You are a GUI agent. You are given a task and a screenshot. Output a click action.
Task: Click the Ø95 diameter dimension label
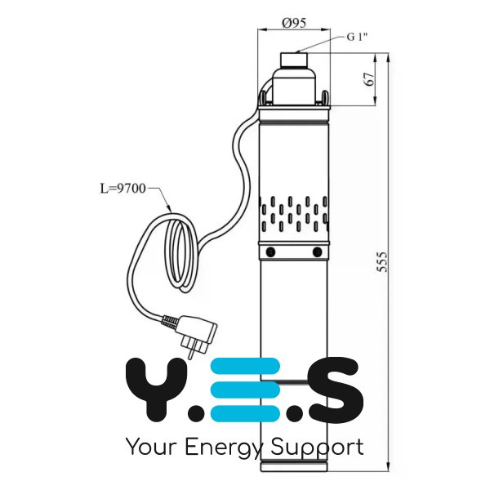point(294,23)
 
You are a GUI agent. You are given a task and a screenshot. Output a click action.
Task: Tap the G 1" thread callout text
point(357,37)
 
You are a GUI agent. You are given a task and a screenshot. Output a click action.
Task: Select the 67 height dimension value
point(369,79)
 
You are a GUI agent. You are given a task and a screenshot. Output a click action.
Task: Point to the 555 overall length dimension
point(381,261)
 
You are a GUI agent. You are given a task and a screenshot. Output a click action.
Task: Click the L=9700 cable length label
point(122,189)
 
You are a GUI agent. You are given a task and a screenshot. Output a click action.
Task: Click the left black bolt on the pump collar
point(270,252)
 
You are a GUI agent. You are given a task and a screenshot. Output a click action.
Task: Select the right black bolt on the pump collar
point(317,252)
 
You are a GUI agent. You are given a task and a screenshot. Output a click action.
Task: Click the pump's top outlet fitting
point(294,60)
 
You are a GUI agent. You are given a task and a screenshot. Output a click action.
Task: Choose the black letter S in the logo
point(335,390)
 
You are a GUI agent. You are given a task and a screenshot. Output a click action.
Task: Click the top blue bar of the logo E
point(245,366)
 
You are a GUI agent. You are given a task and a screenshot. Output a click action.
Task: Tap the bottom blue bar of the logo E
point(245,413)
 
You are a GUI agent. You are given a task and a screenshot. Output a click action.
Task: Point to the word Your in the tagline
point(152,447)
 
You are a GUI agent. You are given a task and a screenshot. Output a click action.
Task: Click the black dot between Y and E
point(196,412)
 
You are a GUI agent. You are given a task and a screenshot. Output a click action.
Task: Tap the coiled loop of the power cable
point(180,253)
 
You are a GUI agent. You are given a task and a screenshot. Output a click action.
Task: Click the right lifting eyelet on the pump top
point(325,98)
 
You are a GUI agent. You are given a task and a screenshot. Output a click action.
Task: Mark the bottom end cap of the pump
point(294,466)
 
